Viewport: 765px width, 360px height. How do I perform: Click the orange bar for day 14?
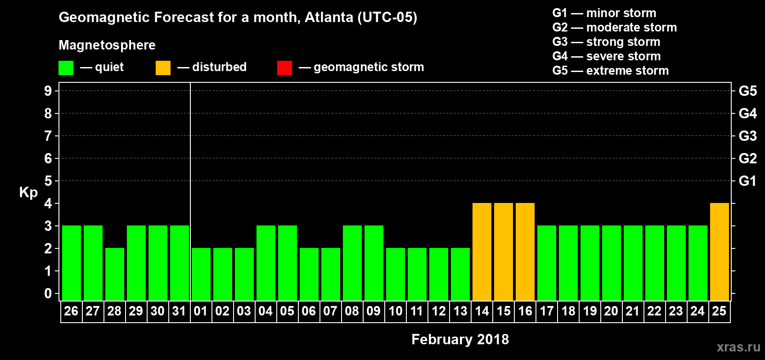pyautogui.click(x=482, y=252)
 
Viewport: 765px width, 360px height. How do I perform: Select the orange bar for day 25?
pyautogui.click(x=720, y=252)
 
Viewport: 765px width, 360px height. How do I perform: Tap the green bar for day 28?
pyautogui.click(x=115, y=274)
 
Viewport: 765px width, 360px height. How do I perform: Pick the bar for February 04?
pyautogui.click(x=266, y=263)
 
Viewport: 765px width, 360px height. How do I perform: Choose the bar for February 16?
pyautogui.click(x=525, y=252)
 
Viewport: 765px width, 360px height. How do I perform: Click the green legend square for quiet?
pyautogui.click(x=66, y=68)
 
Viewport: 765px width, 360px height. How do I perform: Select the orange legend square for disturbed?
pyautogui.click(x=163, y=68)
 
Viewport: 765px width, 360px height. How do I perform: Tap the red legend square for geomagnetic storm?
pyautogui.click(x=284, y=68)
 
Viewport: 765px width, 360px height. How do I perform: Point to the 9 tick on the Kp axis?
pyautogui.click(x=48, y=91)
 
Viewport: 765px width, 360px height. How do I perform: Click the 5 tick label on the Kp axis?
pyautogui.click(x=48, y=181)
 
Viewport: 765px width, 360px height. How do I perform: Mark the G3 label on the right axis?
pyautogui.click(x=747, y=136)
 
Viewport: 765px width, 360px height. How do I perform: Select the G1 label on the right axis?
pyautogui.click(x=747, y=181)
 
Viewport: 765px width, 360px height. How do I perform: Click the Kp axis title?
pyautogui.click(x=28, y=192)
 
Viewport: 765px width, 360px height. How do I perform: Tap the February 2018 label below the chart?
pyautogui.click(x=460, y=339)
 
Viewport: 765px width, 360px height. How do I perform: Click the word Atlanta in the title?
pyautogui.click(x=329, y=17)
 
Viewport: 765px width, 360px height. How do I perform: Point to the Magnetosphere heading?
pyautogui.click(x=107, y=45)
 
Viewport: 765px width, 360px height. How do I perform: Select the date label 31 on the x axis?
pyautogui.click(x=179, y=311)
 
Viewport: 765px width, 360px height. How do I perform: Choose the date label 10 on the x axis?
pyautogui.click(x=396, y=311)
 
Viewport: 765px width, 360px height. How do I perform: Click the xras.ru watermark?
pyautogui.click(x=738, y=347)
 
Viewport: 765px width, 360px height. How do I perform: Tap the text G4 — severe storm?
pyautogui.click(x=606, y=56)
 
